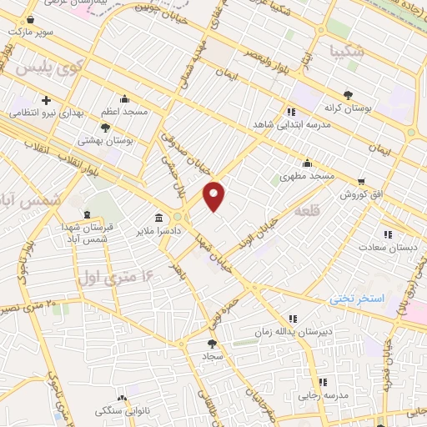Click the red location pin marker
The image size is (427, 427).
tap(214, 196)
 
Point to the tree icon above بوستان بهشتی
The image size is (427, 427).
tap(105, 128)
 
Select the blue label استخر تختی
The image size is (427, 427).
tap(356, 298)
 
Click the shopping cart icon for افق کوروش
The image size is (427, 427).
tap(361, 181)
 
